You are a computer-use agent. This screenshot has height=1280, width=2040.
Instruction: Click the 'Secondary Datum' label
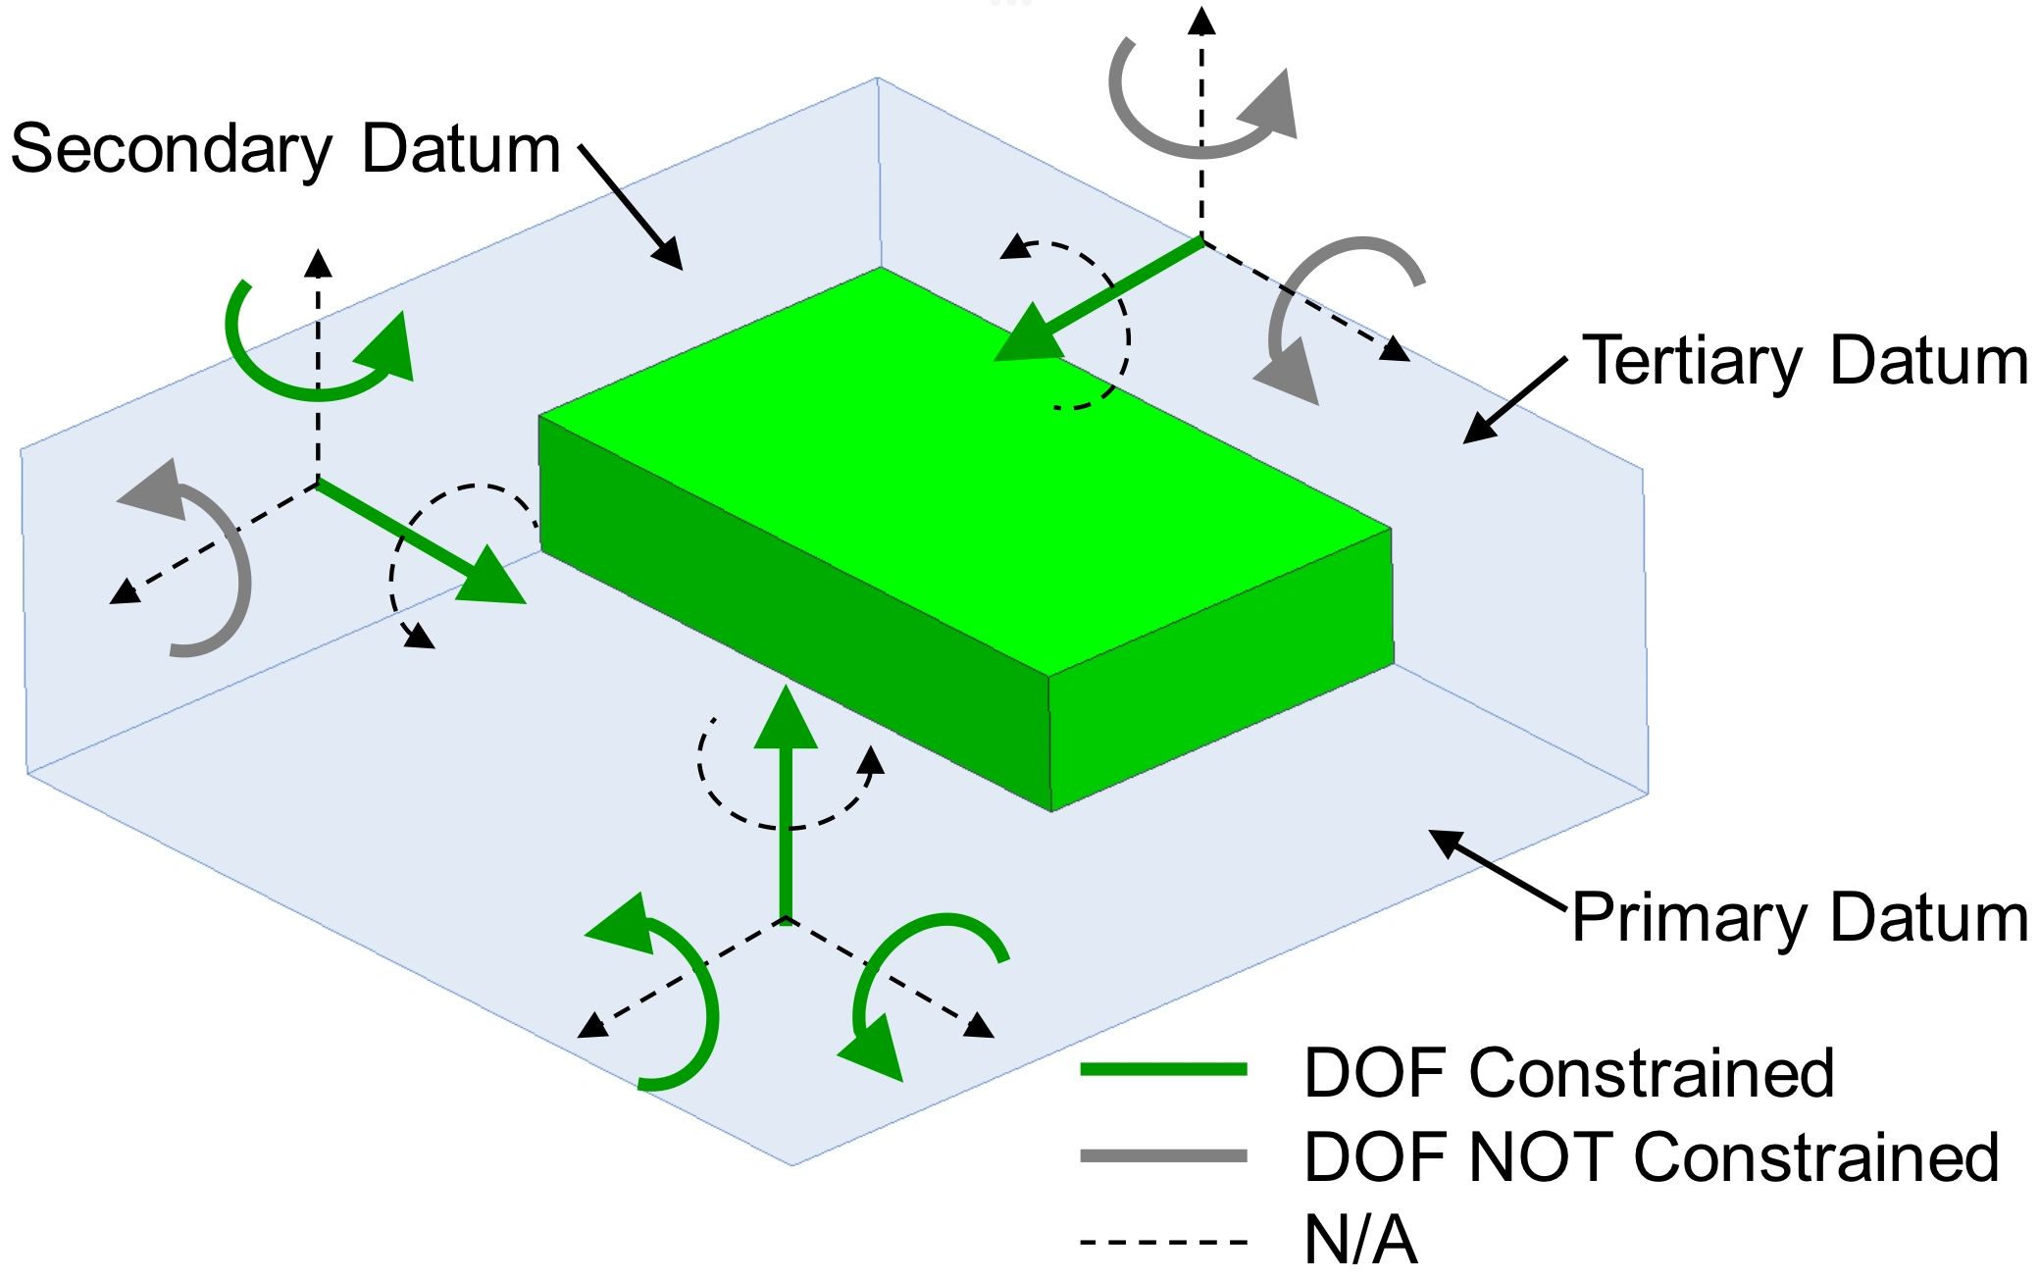point(284,150)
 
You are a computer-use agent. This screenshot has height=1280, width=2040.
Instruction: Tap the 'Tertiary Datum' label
point(1805,362)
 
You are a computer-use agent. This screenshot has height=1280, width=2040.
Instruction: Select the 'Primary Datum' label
point(1800,919)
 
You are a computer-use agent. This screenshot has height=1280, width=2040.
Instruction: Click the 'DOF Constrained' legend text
point(1568,1073)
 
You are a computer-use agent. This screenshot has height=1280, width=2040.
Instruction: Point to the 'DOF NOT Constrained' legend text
point(1651,1157)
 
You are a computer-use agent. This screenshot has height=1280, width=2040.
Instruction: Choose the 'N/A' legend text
point(1360,1242)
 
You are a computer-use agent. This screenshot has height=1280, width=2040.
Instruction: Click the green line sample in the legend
point(1163,1070)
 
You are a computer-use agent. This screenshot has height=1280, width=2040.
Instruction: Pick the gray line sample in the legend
point(1163,1156)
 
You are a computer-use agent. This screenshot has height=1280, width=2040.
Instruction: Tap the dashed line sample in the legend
point(1163,1243)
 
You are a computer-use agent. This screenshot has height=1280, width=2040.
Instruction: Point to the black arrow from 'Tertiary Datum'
point(1515,400)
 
